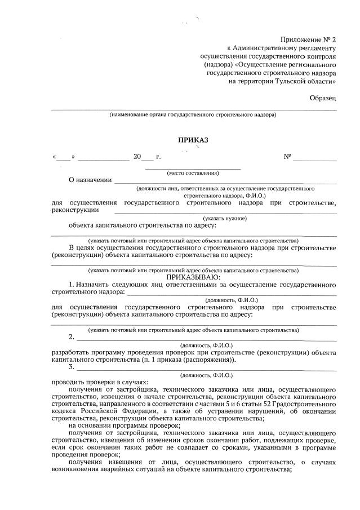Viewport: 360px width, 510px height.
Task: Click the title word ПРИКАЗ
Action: pyautogui.click(x=193, y=140)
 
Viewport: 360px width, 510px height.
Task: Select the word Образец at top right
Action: pyautogui.click(x=323, y=98)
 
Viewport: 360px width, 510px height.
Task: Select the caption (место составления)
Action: pyautogui.click(x=193, y=172)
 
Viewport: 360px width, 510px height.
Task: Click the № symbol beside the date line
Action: pyautogui.click(x=287, y=157)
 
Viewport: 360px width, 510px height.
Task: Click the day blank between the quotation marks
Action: pyautogui.click(x=64, y=157)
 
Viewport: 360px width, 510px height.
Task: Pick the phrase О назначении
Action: pyautogui.click(x=90, y=180)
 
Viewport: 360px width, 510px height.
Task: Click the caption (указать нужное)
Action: pyautogui.click(x=225, y=218)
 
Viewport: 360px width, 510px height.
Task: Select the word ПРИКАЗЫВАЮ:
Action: pyautogui.click(x=193, y=277)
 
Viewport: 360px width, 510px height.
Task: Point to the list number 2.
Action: pyautogui.click(x=72, y=337)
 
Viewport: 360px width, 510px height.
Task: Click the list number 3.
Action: pyautogui.click(x=72, y=367)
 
